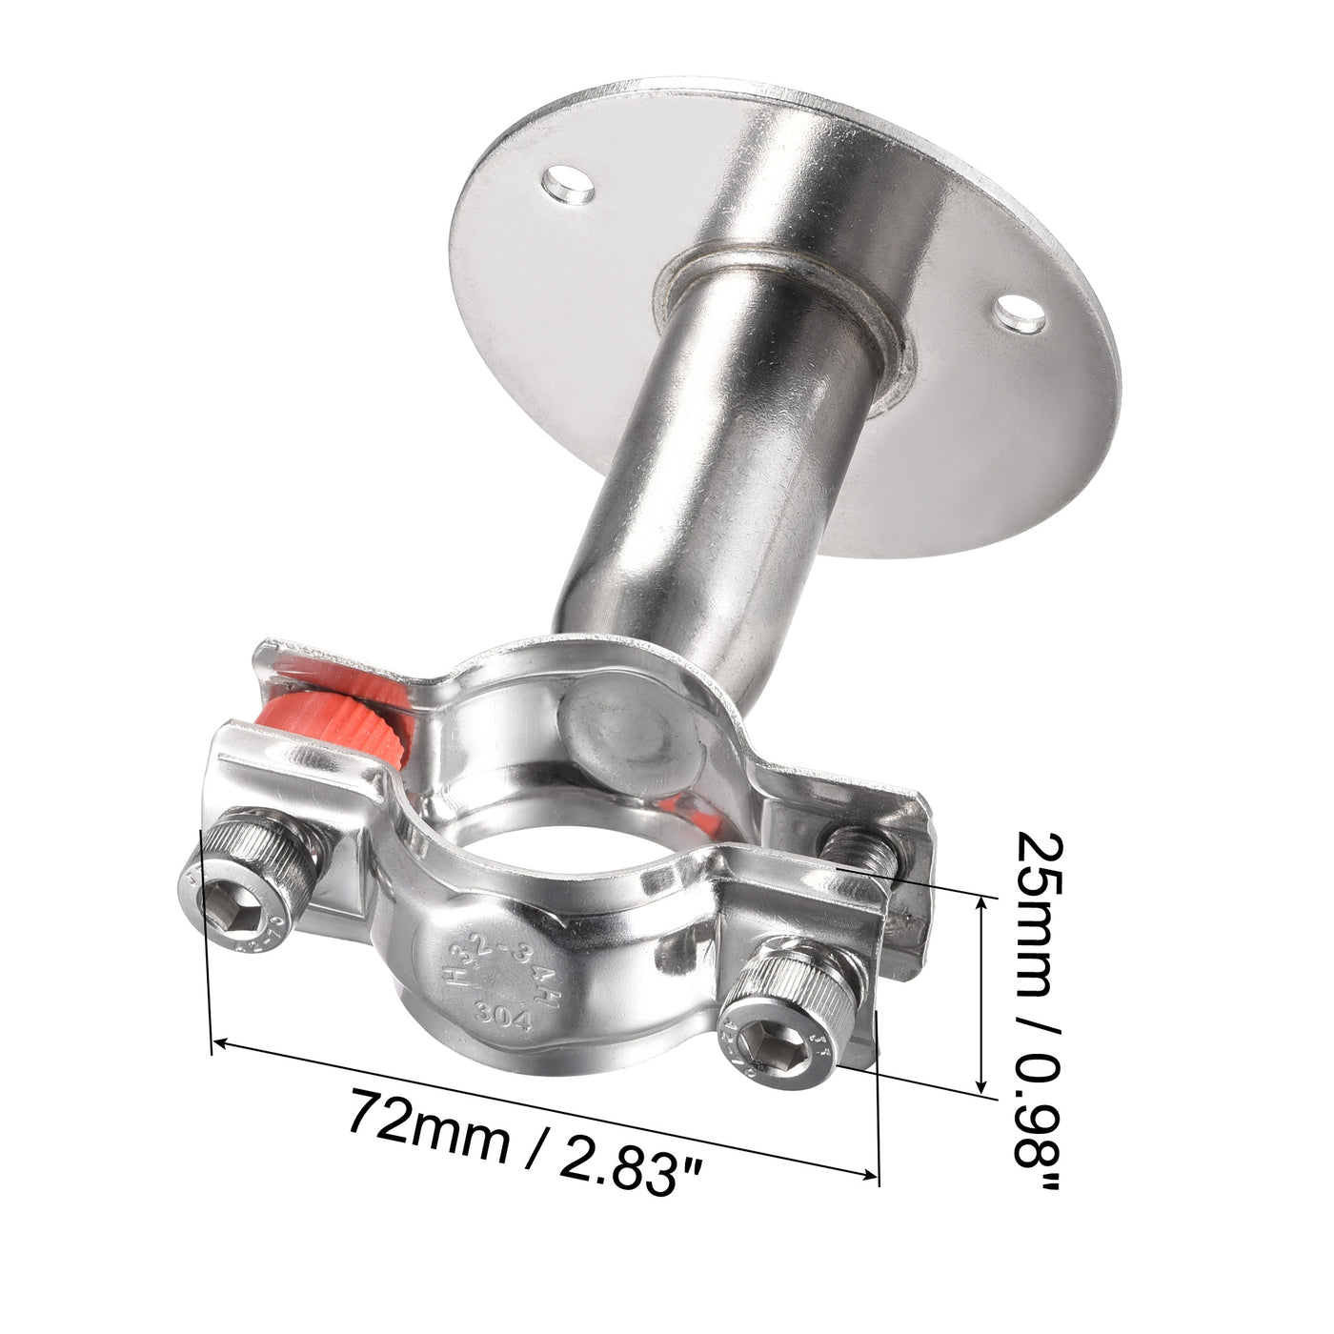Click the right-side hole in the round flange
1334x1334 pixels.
click(1021, 313)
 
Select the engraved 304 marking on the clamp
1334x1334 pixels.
click(506, 1017)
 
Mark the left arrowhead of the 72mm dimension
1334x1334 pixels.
click(217, 1043)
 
